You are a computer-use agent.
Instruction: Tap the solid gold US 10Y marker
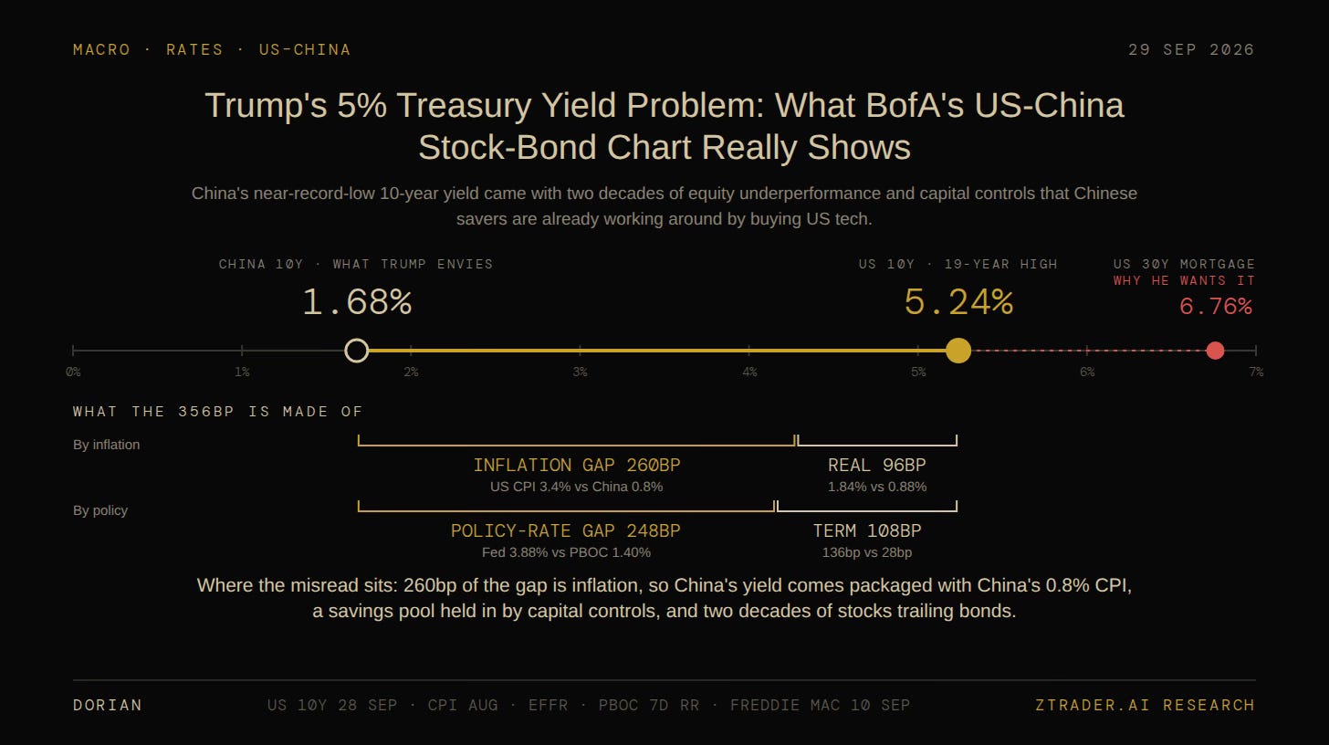pyautogui.click(x=958, y=351)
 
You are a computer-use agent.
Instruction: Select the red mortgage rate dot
pyautogui.click(x=1215, y=351)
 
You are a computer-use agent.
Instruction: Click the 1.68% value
pyautogui.click(x=357, y=301)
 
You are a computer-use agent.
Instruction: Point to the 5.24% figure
pyautogui.click(x=958, y=301)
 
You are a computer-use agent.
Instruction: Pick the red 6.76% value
pyautogui.click(x=1216, y=307)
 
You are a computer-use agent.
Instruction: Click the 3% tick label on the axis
pyautogui.click(x=580, y=372)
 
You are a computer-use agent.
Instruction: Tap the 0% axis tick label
pyautogui.click(x=73, y=372)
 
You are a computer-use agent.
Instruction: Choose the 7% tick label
pyautogui.click(x=1256, y=372)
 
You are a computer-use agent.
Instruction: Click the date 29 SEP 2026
pyautogui.click(x=1191, y=50)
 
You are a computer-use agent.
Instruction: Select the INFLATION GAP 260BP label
pyautogui.click(x=577, y=465)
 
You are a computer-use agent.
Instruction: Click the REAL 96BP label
pyautogui.click(x=877, y=465)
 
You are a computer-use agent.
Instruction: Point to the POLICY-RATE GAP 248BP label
pyautogui.click(x=565, y=530)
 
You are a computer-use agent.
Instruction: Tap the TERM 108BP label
pyautogui.click(x=867, y=530)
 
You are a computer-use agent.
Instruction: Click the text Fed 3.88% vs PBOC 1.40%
pyautogui.click(x=566, y=552)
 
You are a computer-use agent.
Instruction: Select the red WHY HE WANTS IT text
pyautogui.click(x=1184, y=281)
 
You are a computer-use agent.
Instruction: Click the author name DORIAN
pyautogui.click(x=108, y=705)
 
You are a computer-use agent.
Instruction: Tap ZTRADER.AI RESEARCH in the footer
pyautogui.click(x=1145, y=705)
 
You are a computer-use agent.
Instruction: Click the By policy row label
pyautogui.click(x=100, y=510)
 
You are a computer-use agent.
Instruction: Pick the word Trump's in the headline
pyautogui.click(x=266, y=106)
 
